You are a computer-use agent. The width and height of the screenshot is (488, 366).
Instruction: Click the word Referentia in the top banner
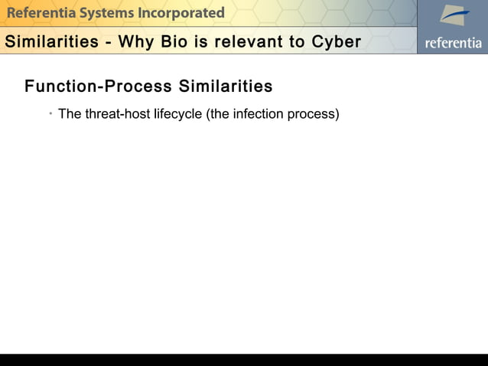tap(37, 13)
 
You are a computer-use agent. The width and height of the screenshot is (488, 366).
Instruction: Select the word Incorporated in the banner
tap(181, 13)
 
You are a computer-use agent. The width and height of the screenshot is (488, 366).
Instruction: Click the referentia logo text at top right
tap(454, 43)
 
